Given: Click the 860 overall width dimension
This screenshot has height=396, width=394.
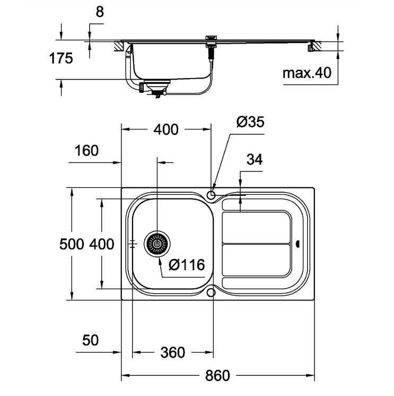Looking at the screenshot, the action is click(x=217, y=375).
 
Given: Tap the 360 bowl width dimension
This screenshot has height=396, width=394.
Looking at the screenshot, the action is click(x=173, y=352).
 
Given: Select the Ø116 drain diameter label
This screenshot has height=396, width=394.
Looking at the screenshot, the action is click(x=187, y=265).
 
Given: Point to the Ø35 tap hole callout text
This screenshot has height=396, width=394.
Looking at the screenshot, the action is click(x=250, y=122).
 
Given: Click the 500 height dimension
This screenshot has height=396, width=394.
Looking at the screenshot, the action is click(x=72, y=244).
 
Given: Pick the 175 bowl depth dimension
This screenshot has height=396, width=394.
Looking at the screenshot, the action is click(x=61, y=58).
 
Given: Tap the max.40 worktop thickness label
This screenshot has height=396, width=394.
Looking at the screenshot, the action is click(x=307, y=73).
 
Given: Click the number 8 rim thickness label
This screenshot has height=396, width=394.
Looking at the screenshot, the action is click(x=100, y=12).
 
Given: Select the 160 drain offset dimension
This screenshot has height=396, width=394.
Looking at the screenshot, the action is click(x=86, y=151).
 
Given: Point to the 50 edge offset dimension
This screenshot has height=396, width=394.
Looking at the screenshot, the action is click(x=90, y=340).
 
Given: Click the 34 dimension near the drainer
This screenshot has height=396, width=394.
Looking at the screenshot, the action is click(x=255, y=160).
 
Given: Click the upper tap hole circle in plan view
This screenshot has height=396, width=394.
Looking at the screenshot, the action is click(x=211, y=195).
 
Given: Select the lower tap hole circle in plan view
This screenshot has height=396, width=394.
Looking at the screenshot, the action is click(x=211, y=292).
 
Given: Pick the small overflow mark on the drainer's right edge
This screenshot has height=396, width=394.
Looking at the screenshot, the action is click(x=297, y=244).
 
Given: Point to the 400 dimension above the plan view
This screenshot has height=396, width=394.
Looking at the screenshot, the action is click(x=166, y=130).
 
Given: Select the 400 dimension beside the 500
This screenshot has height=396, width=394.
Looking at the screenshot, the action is click(x=102, y=244).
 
